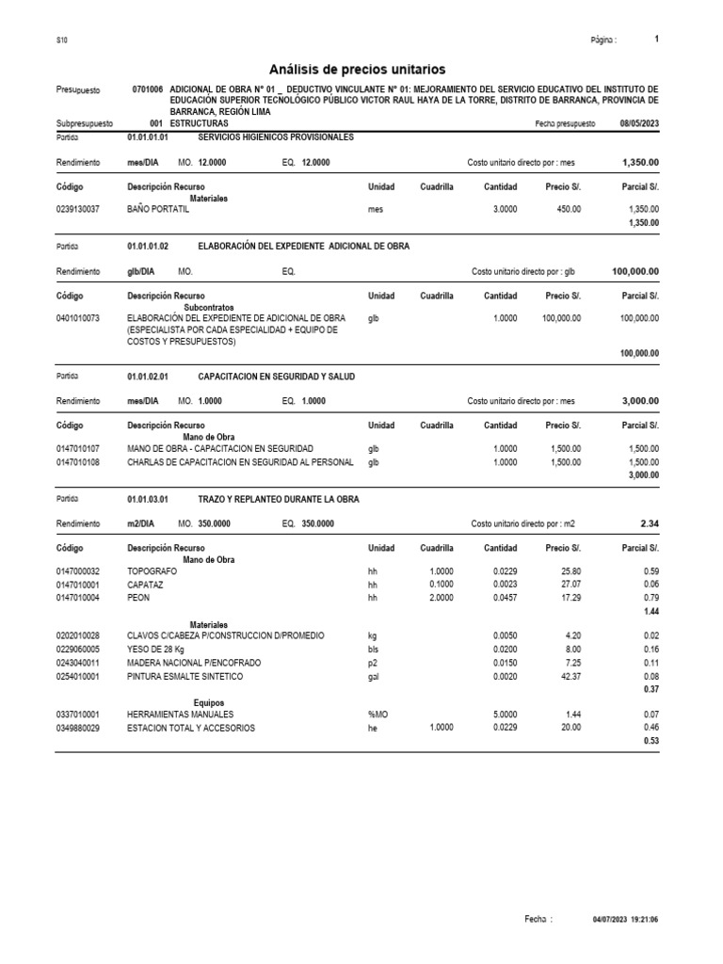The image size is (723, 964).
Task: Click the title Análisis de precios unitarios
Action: point(357,70)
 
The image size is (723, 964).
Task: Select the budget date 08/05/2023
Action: point(639,123)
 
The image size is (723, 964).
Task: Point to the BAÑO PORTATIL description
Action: point(158,209)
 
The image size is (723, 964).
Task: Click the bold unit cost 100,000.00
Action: point(635,271)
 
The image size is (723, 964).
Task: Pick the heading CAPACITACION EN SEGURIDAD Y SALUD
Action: point(277,377)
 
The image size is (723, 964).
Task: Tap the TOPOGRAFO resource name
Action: point(153,570)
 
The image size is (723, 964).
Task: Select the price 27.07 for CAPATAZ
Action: point(571,584)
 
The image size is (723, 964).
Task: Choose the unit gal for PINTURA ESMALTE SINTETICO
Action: point(374,676)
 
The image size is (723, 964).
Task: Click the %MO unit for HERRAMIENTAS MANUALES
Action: point(377,715)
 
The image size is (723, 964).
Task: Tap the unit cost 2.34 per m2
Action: point(649,522)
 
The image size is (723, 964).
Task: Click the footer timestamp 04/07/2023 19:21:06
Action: point(625,919)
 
